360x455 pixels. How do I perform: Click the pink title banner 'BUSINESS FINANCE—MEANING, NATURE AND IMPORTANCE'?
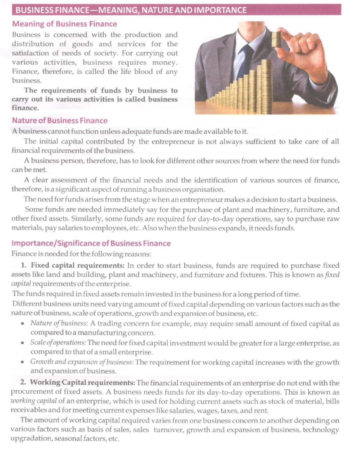176,10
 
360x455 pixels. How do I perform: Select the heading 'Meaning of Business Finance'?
64,24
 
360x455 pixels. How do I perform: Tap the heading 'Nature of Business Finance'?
59,120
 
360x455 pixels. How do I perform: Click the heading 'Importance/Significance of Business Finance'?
91,243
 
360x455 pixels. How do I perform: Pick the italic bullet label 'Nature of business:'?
59,323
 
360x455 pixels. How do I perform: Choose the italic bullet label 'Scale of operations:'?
58,343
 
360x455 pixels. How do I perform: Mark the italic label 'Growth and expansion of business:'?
82,362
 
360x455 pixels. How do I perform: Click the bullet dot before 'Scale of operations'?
22,343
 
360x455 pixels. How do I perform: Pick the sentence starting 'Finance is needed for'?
81,254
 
